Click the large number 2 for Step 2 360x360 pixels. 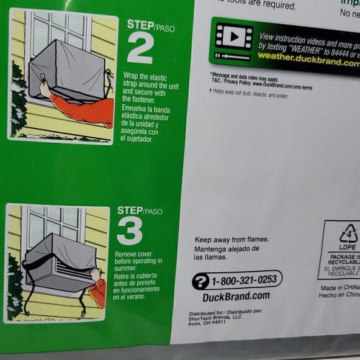click(x=140, y=48)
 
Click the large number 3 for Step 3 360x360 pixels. click(x=130, y=230)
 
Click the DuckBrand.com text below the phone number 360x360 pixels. click(x=236, y=296)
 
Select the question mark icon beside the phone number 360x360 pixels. click(x=200, y=281)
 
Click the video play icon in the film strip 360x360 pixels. click(x=233, y=37)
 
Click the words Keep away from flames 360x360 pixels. click(x=232, y=240)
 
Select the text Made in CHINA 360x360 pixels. click(x=340, y=287)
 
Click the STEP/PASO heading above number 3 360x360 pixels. click(x=140, y=211)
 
